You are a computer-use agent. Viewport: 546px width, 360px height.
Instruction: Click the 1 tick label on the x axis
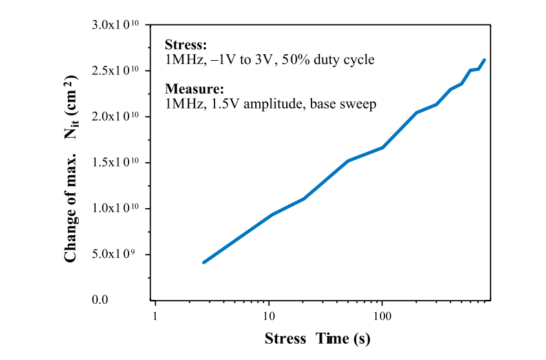coord(155,316)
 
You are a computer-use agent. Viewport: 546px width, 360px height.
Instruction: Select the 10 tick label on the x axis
coord(268,316)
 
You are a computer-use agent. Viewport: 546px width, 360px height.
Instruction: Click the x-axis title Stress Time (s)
coord(317,339)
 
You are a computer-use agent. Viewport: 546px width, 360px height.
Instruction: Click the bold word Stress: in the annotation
coord(186,46)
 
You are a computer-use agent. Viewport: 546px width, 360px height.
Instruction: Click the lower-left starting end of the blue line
coord(204,262)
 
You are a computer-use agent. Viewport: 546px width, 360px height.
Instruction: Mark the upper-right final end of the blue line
coord(484,60)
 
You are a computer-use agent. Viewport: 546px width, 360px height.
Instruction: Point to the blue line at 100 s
coord(383,147)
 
